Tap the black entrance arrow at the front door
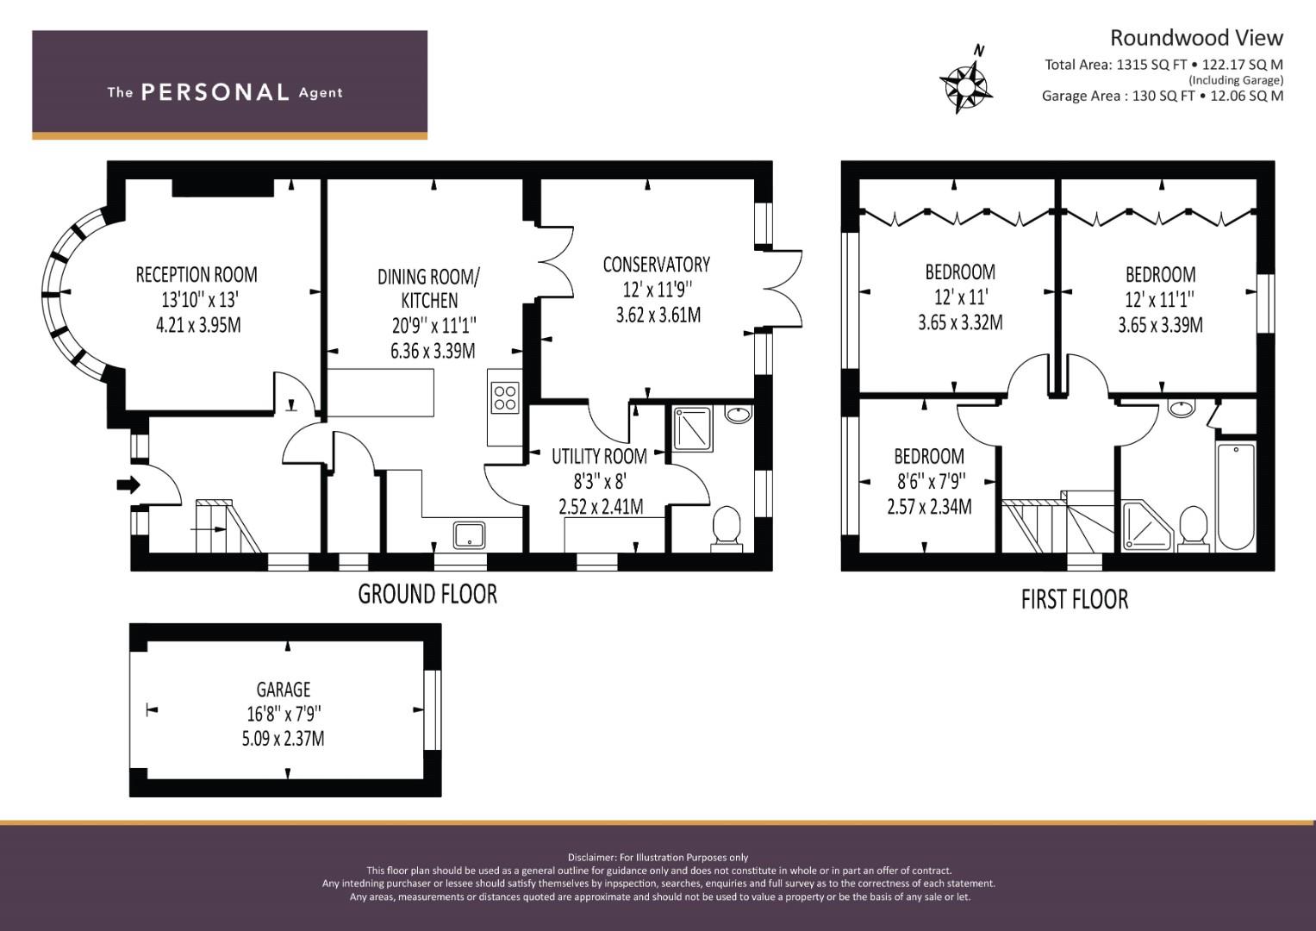pos(128,484)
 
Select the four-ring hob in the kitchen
pos(505,398)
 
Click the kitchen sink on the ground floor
pos(470,534)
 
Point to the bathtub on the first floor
pos(1236,497)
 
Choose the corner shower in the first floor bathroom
pos(1147,526)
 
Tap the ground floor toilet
pos(727,528)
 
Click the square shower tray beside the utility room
pos(692,428)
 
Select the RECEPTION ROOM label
pos(196,274)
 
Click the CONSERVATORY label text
pos(656,265)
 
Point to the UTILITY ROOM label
pos(599,456)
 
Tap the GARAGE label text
pos(284,689)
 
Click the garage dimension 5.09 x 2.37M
pos(284,738)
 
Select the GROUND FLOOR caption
pos(427,594)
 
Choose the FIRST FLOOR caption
pos(1075,599)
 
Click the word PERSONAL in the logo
pos(215,92)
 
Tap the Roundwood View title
pos(1196,38)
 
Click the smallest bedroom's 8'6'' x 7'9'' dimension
pos(929,481)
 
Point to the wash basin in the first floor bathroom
pos(1181,408)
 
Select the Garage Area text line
pos(1163,96)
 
